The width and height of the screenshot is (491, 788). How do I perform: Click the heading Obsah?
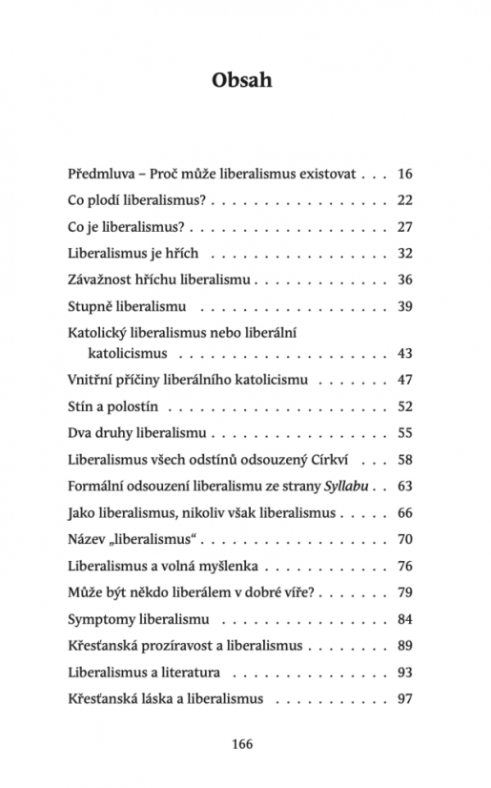(242, 80)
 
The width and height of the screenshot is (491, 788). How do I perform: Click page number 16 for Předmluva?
(403, 175)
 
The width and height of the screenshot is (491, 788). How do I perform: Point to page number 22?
(403, 200)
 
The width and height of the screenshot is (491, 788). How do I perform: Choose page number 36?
(403, 280)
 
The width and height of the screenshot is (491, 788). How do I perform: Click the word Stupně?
(92, 307)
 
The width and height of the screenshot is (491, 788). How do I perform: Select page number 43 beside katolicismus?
(403, 353)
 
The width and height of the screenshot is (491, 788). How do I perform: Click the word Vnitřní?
(94, 380)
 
